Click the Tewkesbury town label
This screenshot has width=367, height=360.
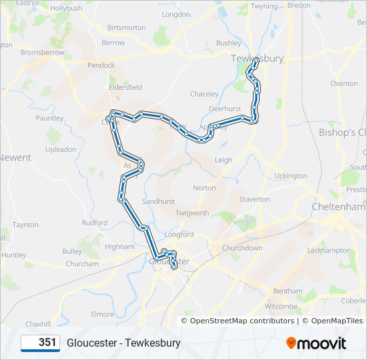pos(257,58)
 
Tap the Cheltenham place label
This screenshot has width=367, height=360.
pos(339,207)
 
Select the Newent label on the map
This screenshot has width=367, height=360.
pos(15,158)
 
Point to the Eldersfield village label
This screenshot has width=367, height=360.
pos(125,87)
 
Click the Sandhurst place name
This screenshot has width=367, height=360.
pos(158,201)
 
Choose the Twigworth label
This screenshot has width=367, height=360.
pos(192,213)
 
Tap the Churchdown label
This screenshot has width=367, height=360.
pos(242,248)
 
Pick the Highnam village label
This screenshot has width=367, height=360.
pos(120,246)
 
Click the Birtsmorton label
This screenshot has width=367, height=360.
pos(126,28)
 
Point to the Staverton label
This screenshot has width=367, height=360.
pos(255,199)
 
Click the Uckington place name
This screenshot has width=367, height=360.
pos(291,176)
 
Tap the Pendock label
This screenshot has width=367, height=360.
pos(101,65)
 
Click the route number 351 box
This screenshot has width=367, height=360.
pos(40,343)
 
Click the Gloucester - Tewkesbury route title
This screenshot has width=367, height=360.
pos(123,343)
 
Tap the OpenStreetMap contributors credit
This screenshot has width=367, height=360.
pos(242,321)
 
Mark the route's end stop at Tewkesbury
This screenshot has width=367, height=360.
pos(256,61)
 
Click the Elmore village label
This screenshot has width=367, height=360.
pos(102,314)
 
